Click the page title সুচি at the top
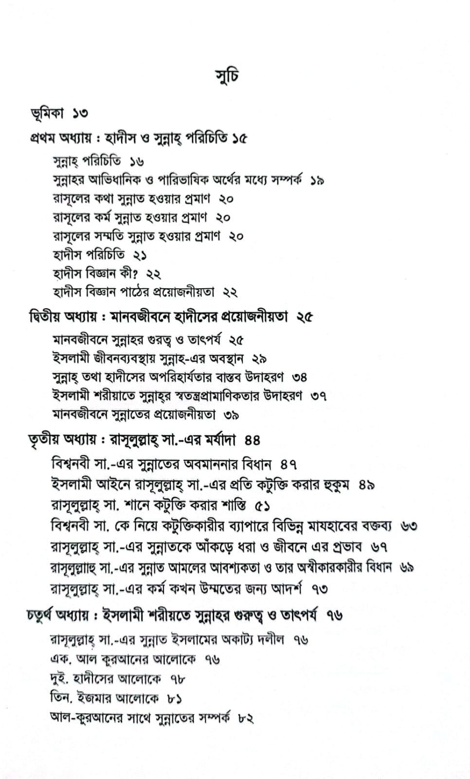click(227, 76)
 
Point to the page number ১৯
click(317, 181)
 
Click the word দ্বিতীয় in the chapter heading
click(46, 317)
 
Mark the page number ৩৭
click(320, 396)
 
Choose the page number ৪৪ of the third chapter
click(253, 441)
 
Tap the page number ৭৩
click(320, 589)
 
